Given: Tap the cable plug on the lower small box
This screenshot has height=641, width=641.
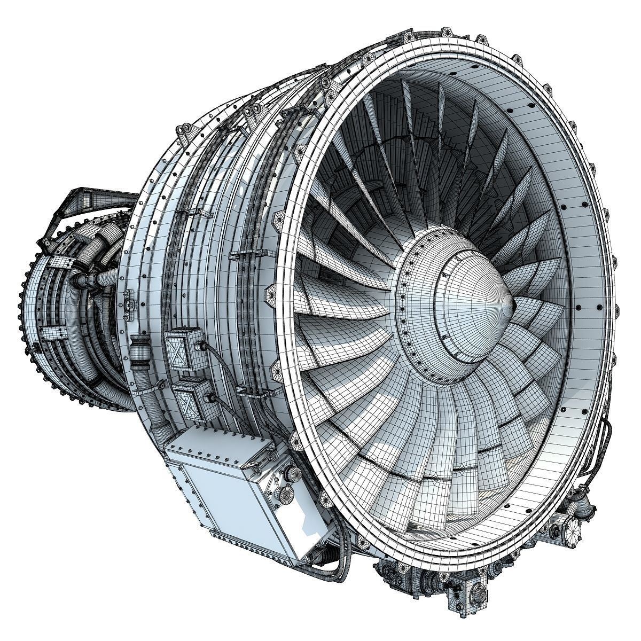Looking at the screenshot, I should coord(209,398).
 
